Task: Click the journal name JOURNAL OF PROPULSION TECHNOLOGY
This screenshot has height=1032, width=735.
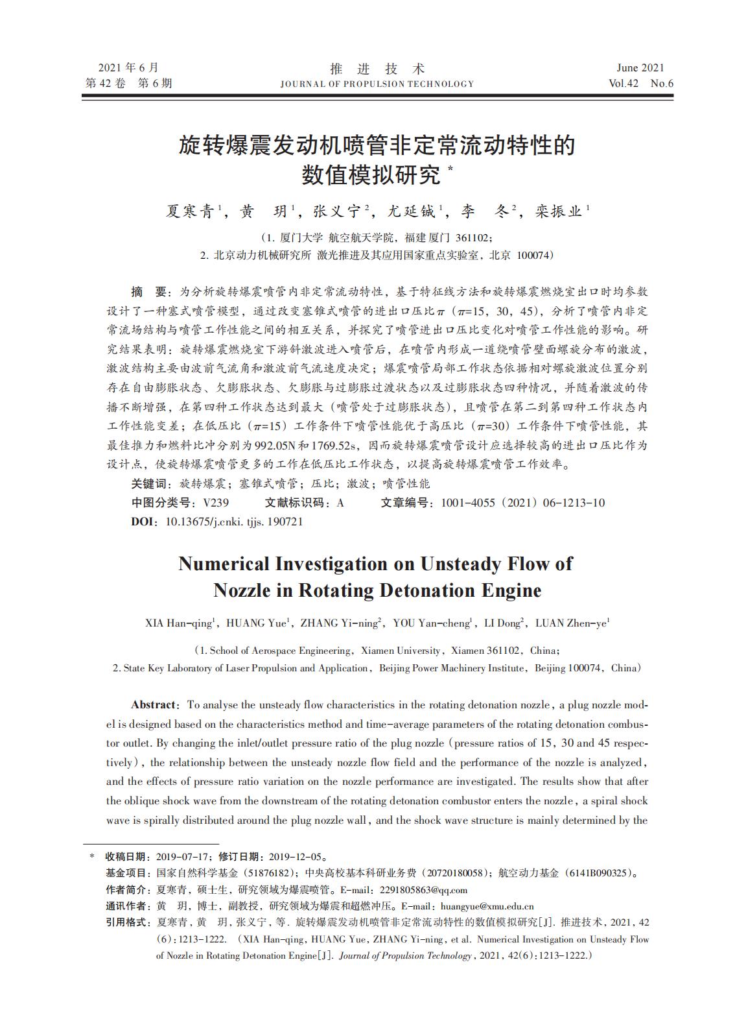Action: [x=377, y=84]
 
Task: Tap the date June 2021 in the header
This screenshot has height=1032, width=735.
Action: [x=640, y=67]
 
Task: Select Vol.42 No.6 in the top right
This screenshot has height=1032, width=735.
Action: [x=641, y=83]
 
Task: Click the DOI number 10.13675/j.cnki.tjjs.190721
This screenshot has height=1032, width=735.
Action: [x=235, y=521]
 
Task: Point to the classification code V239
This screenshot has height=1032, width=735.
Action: [x=216, y=502]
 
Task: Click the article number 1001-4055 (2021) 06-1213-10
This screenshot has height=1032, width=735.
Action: [x=522, y=502]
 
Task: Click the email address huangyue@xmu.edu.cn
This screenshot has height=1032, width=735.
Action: [x=487, y=906]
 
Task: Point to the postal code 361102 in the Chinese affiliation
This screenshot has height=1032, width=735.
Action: [x=474, y=237]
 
